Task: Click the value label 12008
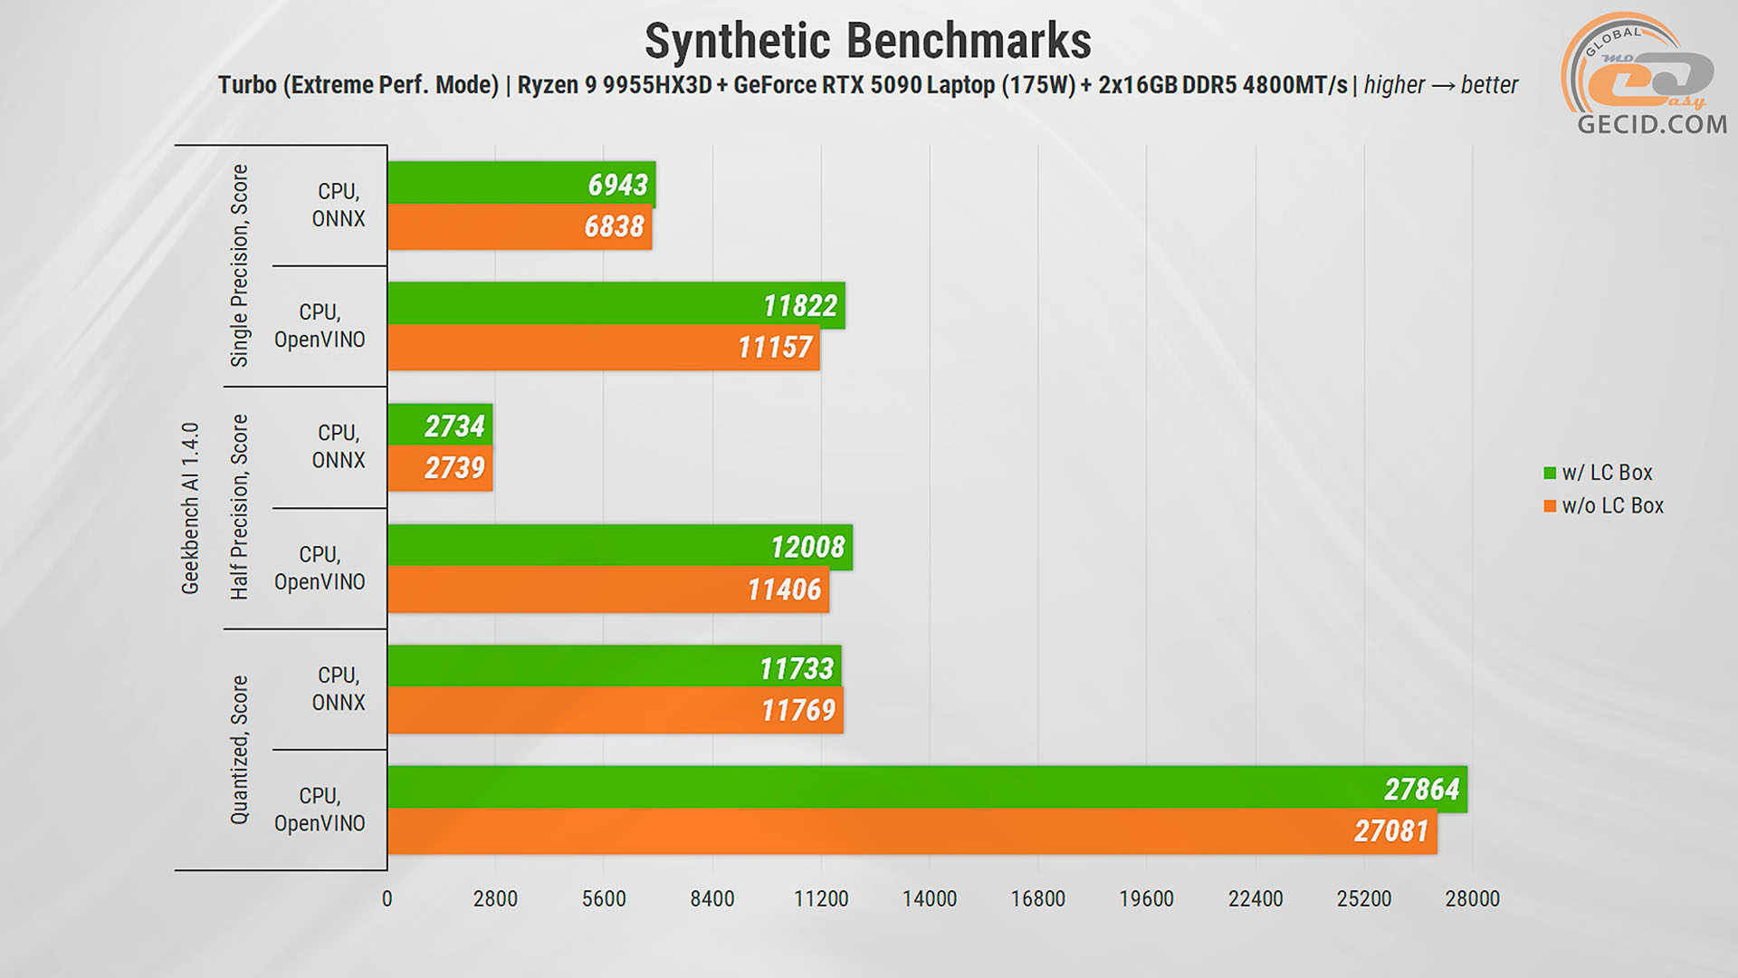point(807,547)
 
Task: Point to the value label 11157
point(775,348)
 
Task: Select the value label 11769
point(797,710)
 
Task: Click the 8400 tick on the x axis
point(712,899)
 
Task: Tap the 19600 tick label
point(1146,899)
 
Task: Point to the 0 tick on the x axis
point(387,899)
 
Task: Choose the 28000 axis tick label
point(1472,899)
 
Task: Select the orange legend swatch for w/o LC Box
point(1550,506)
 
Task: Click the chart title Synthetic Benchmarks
point(867,42)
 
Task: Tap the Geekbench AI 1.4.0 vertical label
point(190,508)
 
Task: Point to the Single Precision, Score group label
point(239,265)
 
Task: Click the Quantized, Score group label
point(239,750)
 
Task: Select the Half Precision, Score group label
point(239,507)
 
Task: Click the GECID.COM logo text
point(1652,125)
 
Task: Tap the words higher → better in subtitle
point(1440,85)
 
